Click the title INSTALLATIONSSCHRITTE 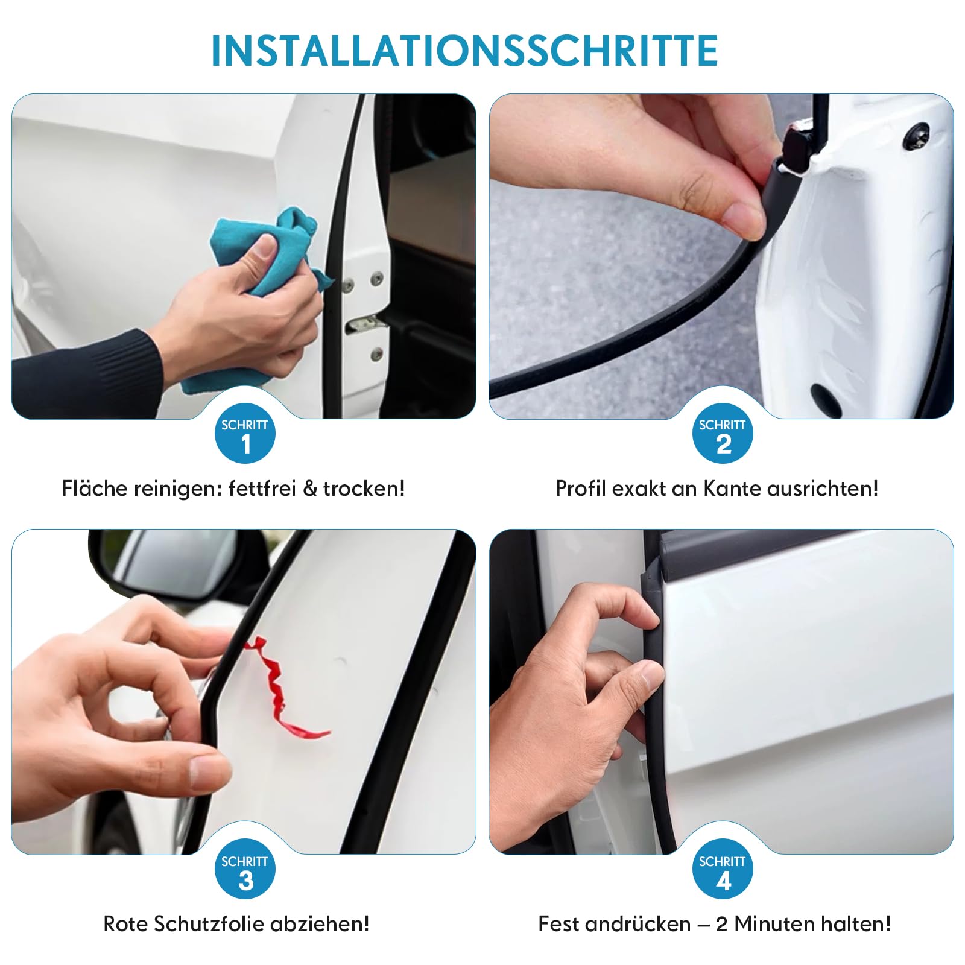[x=464, y=51]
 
